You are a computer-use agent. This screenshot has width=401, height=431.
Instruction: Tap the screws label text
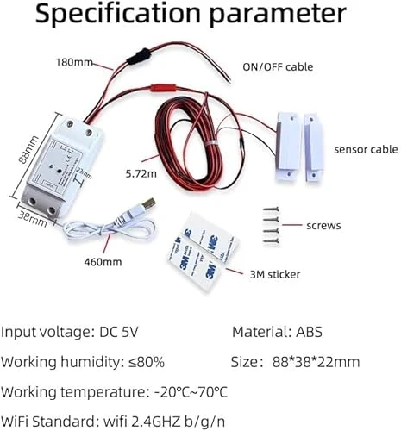click(x=323, y=227)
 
